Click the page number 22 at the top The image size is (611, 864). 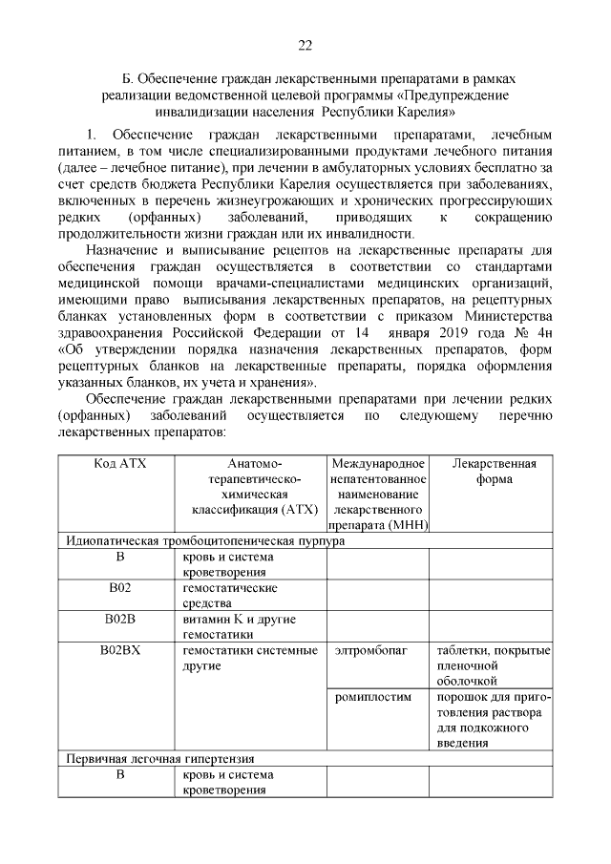[x=305, y=45]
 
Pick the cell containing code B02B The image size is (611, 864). [x=120, y=620]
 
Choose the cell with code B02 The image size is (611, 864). [x=120, y=588]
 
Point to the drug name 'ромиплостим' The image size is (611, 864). [x=373, y=697]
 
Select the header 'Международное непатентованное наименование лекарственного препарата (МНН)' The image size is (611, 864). [x=378, y=494]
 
